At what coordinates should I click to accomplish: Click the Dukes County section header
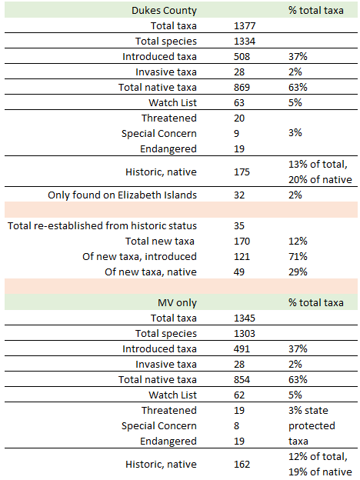(x=164, y=11)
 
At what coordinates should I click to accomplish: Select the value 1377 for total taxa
(x=245, y=25)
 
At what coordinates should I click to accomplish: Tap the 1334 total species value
(x=245, y=41)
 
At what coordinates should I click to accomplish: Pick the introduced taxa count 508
(x=242, y=57)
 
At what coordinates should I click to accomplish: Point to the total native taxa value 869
(x=242, y=87)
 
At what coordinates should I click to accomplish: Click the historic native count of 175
(x=242, y=172)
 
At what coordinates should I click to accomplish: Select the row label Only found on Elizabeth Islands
(x=122, y=195)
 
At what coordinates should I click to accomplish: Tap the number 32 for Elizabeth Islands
(x=239, y=195)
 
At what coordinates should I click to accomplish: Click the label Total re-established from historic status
(x=102, y=225)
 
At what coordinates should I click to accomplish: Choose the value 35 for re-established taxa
(x=239, y=225)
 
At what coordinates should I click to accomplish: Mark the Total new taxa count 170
(x=242, y=242)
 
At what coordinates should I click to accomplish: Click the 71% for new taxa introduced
(x=298, y=256)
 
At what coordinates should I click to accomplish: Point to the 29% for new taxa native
(x=298, y=272)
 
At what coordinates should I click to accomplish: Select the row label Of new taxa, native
(x=151, y=272)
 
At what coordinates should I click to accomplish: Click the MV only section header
(x=177, y=303)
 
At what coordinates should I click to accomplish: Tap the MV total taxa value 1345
(x=245, y=318)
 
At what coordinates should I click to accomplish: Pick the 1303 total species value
(x=245, y=333)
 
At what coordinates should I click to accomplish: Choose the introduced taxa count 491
(x=242, y=349)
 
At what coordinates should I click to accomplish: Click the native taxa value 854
(x=242, y=379)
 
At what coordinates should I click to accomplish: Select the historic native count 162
(x=242, y=464)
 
